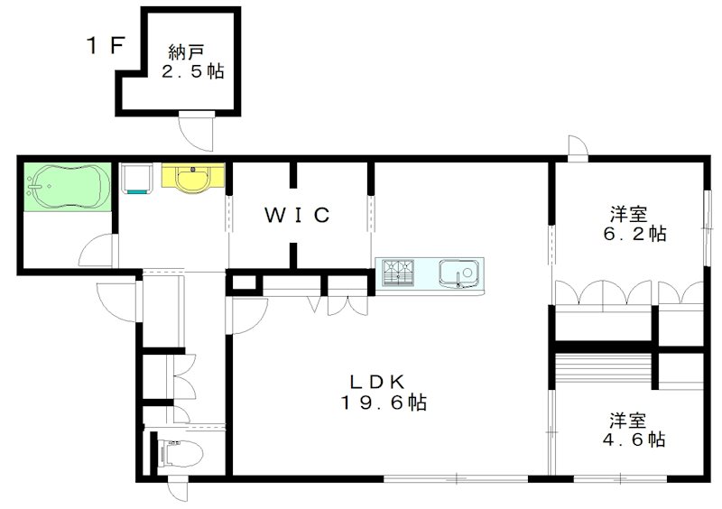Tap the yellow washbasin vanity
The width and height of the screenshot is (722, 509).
[192, 177]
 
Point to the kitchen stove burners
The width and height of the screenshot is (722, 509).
[397, 271]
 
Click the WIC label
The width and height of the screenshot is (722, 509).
[298, 215]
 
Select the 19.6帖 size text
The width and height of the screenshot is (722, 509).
[384, 403]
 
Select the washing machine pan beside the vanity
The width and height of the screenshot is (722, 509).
[135, 179]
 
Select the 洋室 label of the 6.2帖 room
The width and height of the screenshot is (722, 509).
[628, 214]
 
